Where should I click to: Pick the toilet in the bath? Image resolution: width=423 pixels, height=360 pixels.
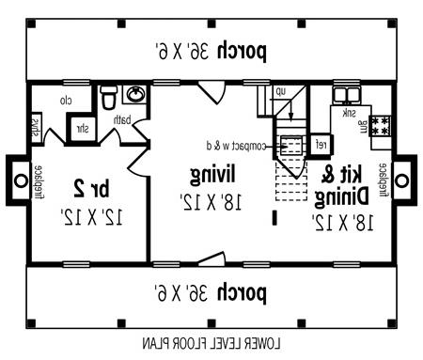(x=108, y=97)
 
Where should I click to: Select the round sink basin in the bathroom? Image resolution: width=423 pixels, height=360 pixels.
(x=136, y=95)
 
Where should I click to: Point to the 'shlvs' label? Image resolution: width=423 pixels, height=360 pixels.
(x=35, y=127)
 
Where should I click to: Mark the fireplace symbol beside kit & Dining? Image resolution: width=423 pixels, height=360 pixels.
(x=402, y=178)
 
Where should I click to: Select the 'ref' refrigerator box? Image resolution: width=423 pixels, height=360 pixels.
(x=320, y=144)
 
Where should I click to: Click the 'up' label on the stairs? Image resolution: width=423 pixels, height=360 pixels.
(x=280, y=91)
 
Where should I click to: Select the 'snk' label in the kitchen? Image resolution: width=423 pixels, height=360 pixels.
(x=349, y=113)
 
